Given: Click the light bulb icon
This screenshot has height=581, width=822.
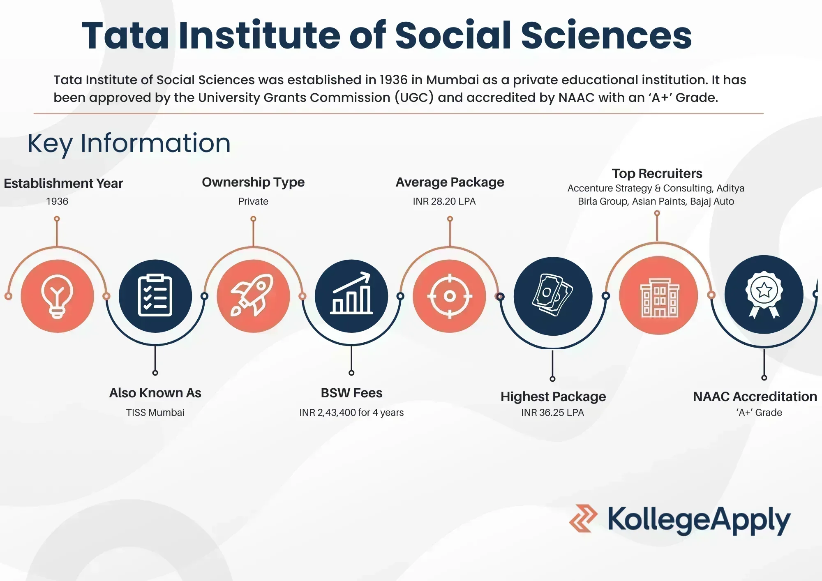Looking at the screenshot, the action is tap(57, 296).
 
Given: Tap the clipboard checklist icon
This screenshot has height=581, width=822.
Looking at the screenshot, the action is tap(155, 295).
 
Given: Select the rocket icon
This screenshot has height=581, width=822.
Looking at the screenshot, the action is tap(252, 295).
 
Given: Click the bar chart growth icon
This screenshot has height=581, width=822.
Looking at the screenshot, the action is tap(351, 293).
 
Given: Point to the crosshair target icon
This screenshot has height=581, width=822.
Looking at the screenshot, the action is tap(450, 296).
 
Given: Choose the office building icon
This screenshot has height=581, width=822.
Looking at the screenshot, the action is tap(660, 298).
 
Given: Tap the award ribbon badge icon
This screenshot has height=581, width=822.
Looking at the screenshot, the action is tap(764, 294).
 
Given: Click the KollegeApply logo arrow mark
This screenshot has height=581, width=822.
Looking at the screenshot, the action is tap(583, 519).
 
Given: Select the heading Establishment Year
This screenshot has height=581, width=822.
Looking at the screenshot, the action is tap(63, 183).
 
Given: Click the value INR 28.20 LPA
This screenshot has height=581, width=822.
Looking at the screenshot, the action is tap(444, 201).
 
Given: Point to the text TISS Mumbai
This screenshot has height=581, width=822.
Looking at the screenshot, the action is tap(155, 413).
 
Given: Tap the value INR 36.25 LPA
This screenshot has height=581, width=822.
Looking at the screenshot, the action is tap(552, 413).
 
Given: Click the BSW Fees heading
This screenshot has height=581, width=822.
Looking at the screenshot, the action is tap(351, 393).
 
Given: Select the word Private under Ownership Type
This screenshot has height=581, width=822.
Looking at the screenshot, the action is tap(253, 201).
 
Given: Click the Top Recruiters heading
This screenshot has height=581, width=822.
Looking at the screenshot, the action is tap(657, 173).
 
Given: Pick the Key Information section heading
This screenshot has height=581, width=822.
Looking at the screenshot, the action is tap(129, 143).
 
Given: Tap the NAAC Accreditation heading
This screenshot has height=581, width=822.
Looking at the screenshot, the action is tap(755, 397).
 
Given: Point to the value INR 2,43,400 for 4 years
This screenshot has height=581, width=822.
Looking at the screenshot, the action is tap(351, 413).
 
